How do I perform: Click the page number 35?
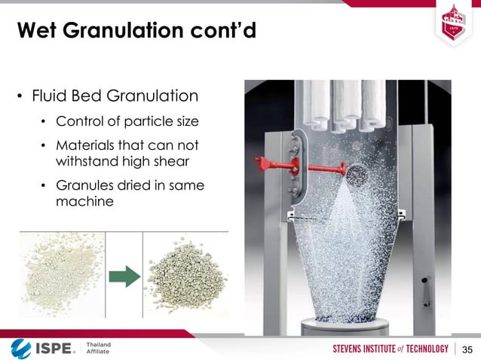[x=467, y=349]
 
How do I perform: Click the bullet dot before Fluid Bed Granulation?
[x=20, y=98]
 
